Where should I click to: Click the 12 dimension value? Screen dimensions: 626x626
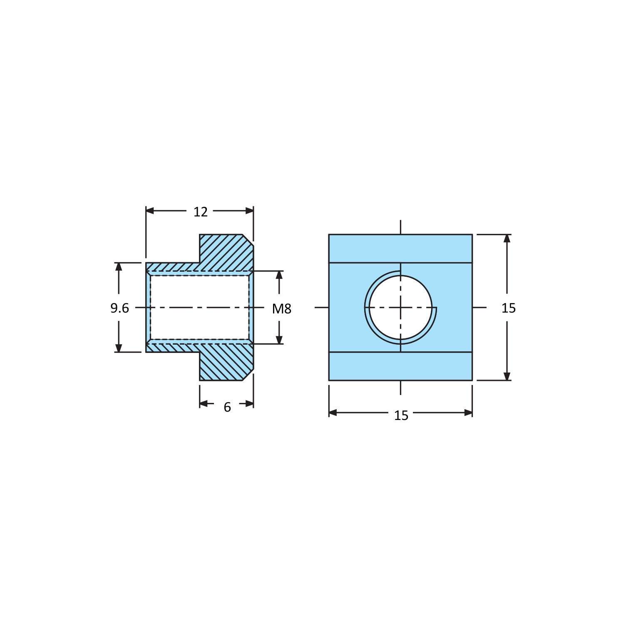click(x=200, y=212)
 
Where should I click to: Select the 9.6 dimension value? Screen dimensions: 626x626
click(x=119, y=308)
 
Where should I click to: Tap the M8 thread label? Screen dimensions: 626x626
click(x=282, y=308)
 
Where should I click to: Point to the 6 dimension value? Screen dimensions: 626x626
click(x=227, y=407)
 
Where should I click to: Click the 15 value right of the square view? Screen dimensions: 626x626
click(x=508, y=308)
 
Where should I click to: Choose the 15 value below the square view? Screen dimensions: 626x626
click(x=401, y=415)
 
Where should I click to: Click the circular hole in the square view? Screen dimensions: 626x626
click(x=400, y=308)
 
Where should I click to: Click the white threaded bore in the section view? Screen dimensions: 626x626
click(x=200, y=308)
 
